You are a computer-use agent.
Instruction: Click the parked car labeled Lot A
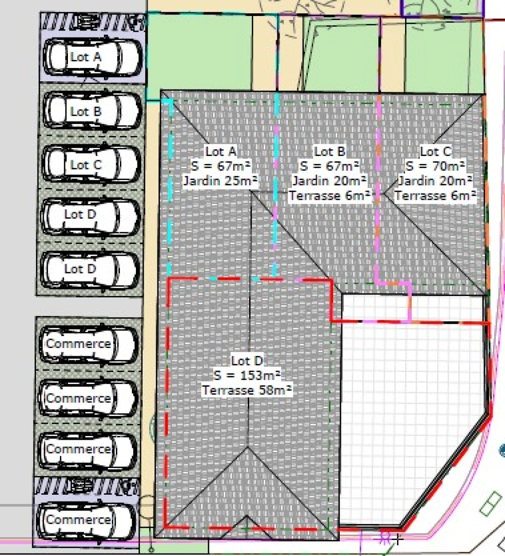coord(93,57)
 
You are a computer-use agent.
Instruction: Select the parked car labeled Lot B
coord(92,111)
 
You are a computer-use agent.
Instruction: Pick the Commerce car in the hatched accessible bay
coord(87,520)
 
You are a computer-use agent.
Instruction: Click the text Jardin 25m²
coord(220,181)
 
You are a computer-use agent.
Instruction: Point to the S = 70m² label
coord(435,166)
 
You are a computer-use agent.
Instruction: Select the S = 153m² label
coord(247,375)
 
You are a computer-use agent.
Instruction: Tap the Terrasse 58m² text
coord(247,390)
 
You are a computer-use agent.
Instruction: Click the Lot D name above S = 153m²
coord(247,360)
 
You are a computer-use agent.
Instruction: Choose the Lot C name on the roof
coord(436,151)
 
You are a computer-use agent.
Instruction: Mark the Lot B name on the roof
coord(329,151)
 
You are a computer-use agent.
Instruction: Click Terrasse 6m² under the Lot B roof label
coord(329,196)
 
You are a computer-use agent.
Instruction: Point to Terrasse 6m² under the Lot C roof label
coord(435,196)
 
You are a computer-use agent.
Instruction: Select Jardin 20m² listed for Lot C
coord(435,181)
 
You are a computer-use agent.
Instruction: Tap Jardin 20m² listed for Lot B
coord(329,181)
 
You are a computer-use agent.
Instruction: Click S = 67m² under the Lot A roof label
coord(220,166)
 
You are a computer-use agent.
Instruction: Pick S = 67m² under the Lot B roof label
coord(329,166)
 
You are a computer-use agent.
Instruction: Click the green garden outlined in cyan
coord(199,53)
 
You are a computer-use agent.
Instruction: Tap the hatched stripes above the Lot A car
coord(93,22)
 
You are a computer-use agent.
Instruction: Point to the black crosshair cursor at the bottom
coord(398,540)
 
